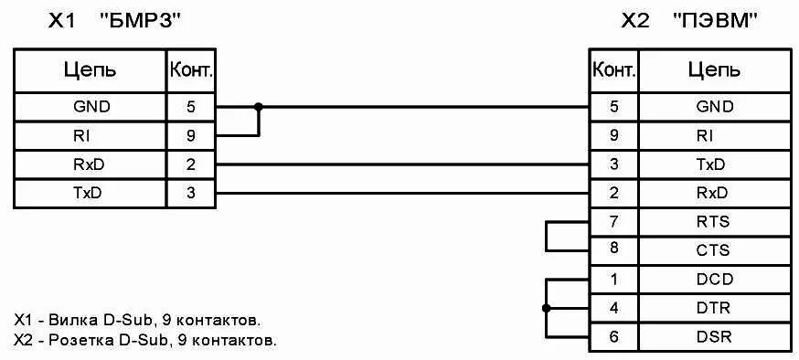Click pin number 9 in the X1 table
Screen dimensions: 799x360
coord(190,135)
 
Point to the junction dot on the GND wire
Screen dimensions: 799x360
coord(259,106)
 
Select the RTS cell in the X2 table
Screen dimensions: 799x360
coord(714,221)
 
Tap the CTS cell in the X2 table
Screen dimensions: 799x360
coord(714,249)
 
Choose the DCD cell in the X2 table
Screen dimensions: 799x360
coord(714,279)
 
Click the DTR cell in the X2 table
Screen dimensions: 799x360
coord(714,308)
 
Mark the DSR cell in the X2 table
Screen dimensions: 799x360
coord(714,336)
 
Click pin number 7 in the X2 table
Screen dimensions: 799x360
coord(614,221)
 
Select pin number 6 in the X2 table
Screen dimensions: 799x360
coord(614,336)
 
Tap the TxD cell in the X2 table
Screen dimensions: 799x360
coord(714,164)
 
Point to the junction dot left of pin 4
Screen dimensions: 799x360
coord(547,308)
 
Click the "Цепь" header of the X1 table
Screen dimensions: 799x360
coord(89,69)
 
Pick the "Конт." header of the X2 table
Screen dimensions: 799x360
coord(614,69)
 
